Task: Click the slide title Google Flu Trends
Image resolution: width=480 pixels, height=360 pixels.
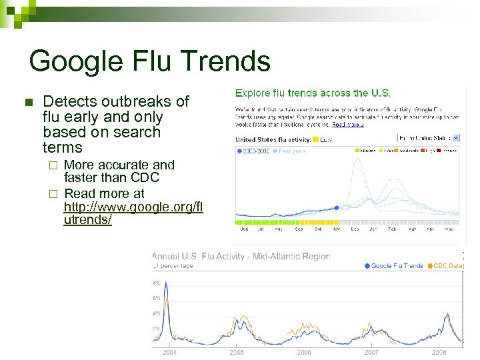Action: pyautogui.click(x=150, y=61)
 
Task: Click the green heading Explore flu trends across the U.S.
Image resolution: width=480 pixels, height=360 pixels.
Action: pyautogui.click(x=313, y=93)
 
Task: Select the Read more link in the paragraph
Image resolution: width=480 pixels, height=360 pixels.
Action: pyautogui.click(x=347, y=125)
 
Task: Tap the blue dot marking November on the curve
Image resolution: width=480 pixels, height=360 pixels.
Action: pyautogui.click(x=337, y=208)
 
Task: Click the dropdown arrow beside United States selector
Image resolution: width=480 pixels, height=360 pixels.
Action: pyautogui.click(x=455, y=139)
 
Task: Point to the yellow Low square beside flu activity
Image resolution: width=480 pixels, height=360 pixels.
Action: pyautogui.click(x=315, y=140)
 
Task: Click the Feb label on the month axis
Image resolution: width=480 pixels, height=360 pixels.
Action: pyautogui.click(x=391, y=229)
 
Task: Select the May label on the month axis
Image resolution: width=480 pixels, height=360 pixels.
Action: pyautogui.click(x=449, y=229)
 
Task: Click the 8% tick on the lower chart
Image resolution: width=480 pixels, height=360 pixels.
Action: pyautogui.click(x=157, y=282)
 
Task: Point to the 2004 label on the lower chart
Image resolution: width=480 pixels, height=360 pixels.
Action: pyautogui.click(x=169, y=352)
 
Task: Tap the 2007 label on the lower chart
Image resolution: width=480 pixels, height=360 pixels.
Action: pyautogui.click(x=371, y=352)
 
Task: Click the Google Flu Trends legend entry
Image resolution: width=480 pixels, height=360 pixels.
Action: pyautogui.click(x=394, y=266)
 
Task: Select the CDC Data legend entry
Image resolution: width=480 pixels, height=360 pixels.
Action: pyautogui.click(x=448, y=266)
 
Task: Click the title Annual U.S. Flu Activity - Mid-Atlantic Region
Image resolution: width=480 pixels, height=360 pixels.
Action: pyautogui.click(x=241, y=256)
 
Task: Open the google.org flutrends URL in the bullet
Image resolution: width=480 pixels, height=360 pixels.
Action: pyautogui.click(x=133, y=207)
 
